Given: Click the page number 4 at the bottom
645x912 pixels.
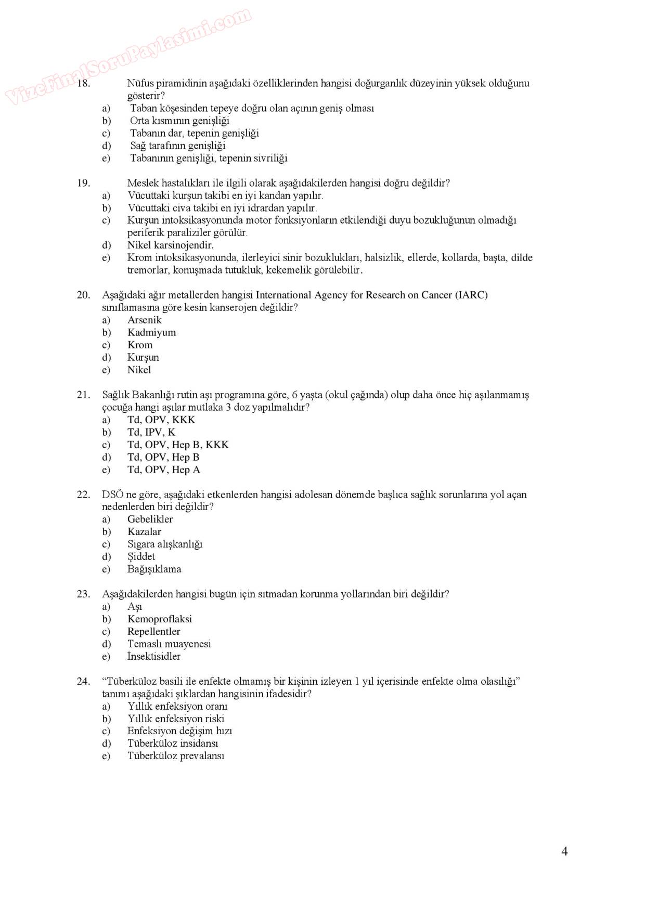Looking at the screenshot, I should tap(564, 851).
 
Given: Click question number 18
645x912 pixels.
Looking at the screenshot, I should tap(84, 83).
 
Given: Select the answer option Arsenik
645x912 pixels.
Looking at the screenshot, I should tap(144, 320).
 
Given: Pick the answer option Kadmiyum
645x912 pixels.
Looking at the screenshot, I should tap(151, 332).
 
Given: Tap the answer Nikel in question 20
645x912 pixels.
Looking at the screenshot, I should tap(139, 370).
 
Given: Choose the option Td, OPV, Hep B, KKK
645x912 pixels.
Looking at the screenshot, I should tap(178, 445).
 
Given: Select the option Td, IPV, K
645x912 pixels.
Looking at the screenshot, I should tap(151, 432).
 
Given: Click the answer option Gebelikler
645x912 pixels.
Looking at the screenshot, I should tap(150, 519).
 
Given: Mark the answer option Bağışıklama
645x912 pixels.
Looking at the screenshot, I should tap(154, 569).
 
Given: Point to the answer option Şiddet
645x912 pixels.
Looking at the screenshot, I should tap(141, 556).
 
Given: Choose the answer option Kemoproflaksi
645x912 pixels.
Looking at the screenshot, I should tap(159, 619).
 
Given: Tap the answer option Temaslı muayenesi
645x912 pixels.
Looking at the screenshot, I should tap(169, 644).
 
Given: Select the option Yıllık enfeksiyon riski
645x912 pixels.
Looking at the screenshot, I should tap(176, 719).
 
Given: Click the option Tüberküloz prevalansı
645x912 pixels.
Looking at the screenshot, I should tap(176, 755).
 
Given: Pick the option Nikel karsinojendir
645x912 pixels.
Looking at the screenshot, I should tap(170, 245).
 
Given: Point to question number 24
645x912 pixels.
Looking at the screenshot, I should tap(84, 681).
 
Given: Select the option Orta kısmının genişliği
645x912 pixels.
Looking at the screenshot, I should tap(179, 121).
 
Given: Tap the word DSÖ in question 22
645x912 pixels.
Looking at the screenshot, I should tap(112, 494).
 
